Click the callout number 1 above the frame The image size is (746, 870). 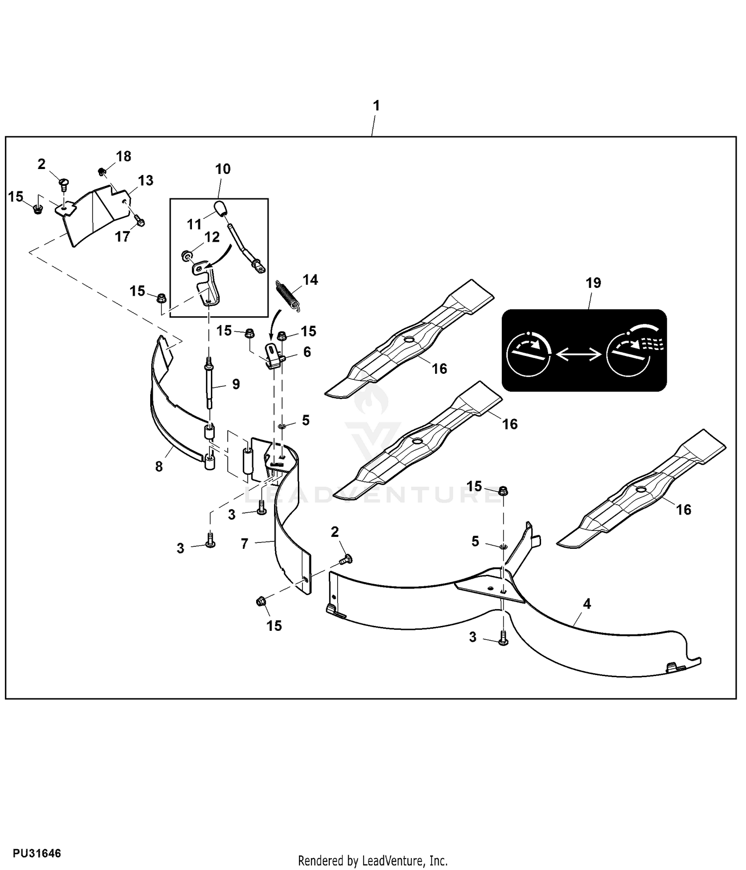tap(376, 105)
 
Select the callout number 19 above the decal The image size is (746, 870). tap(593, 283)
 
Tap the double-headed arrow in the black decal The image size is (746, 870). tap(578, 354)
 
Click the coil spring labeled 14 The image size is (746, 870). tap(287, 296)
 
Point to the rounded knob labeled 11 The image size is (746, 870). tap(220, 208)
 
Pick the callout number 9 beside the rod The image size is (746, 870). tap(236, 384)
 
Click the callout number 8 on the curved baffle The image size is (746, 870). tap(159, 466)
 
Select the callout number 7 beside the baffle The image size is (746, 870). tap(244, 544)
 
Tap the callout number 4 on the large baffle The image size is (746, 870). tap(587, 604)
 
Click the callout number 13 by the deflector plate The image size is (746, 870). tap(146, 180)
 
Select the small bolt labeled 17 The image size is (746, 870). tap(139, 222)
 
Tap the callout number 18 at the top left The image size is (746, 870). tap(123, 156)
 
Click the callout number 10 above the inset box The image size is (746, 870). tap(223, 169)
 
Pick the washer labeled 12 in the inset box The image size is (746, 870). tap(186, 256)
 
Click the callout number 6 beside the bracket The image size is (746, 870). tap(307, 352)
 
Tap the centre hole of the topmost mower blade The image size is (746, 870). tap(409, 339)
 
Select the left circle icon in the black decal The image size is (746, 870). tap(528, 354)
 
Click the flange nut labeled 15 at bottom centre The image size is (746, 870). tap(260, 602)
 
